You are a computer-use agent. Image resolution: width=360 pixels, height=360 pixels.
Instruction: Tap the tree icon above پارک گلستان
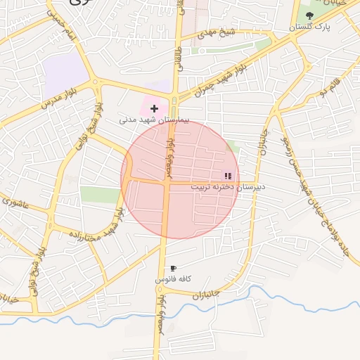point(309,15)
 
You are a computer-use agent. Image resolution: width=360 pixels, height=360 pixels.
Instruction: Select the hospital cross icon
point(154,108)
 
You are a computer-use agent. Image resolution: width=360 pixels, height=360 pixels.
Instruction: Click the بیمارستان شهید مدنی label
point(154,120)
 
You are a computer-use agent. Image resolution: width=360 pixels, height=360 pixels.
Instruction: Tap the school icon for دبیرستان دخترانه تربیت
point(227,176)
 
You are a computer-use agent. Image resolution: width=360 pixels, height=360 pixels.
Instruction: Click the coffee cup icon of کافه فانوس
point(173,269)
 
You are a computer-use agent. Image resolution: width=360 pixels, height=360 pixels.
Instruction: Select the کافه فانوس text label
point(174,279)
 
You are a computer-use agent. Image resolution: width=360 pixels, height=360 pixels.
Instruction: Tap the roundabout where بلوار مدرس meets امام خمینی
point(96,82)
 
